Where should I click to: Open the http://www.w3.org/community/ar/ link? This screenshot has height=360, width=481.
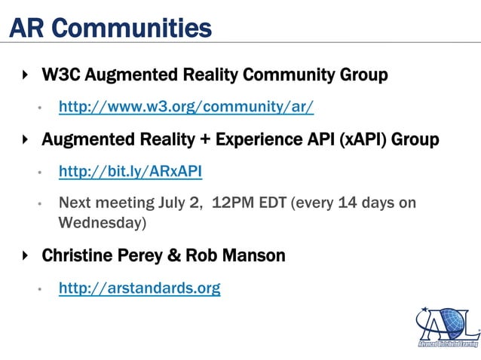coord(186,107)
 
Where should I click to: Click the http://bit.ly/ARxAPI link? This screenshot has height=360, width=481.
coord(130,172)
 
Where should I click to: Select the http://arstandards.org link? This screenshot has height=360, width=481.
coord(139,288)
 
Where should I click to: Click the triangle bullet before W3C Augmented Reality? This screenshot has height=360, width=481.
coord(26,75)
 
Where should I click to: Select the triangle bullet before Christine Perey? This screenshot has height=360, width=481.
coord(26,255)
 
